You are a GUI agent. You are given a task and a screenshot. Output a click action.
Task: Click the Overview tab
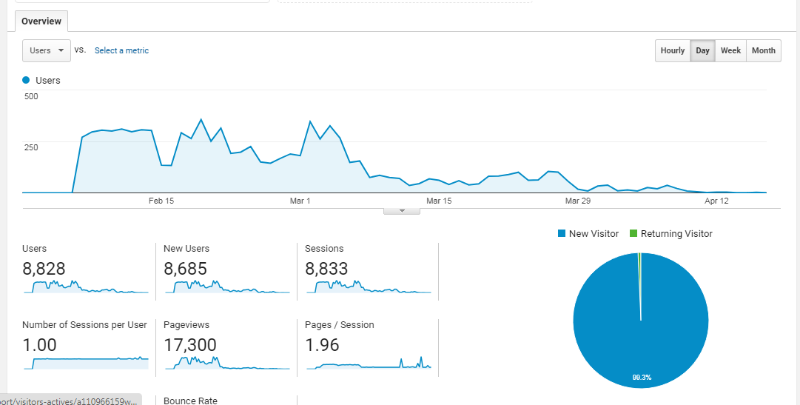point(41,21)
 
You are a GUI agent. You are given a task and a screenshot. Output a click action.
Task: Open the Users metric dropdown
point(47,50)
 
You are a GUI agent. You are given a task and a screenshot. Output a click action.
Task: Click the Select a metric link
point(121,50)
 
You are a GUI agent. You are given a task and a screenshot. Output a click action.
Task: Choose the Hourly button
point(673,50)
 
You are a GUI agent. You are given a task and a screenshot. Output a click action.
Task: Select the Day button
point(702,50)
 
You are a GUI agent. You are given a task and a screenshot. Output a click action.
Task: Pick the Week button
point(730,50)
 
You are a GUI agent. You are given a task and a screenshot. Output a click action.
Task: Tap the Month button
point(763,50)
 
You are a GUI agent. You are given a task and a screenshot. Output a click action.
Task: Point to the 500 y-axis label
point(31,96)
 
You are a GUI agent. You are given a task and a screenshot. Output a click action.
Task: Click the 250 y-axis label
point(31,147)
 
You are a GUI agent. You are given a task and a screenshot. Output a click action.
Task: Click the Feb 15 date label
point(161,201)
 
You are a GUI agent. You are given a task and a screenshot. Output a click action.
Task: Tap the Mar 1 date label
point(300,201)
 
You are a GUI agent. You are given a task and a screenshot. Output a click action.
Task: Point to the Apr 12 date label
point(716,201)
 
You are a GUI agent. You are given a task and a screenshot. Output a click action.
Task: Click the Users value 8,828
point(44,269)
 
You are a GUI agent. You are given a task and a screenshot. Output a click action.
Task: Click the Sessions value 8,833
point(326,269)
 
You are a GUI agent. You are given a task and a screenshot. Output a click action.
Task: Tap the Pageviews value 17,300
point(190,345)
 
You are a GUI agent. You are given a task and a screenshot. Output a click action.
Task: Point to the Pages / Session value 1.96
point(322,345)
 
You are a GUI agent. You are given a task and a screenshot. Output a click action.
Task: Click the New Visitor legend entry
point(588,234)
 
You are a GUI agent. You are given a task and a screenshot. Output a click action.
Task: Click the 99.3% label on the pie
point(641,378)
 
